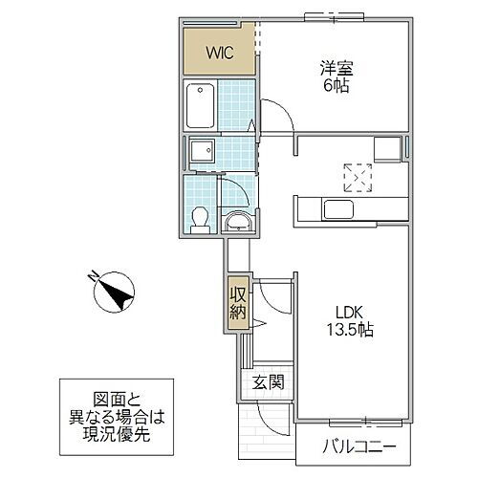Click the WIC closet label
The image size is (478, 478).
point(219,52)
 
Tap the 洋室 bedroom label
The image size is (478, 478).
point(335,68)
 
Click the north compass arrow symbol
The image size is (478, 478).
point(115,291)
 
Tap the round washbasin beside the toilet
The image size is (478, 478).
point(237,224)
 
